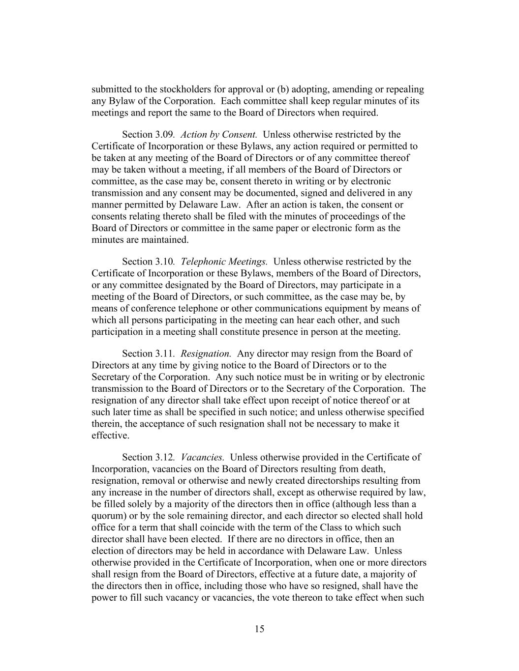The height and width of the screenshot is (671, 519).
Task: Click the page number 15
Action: (260, 629)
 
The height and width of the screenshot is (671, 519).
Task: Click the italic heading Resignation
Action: (206, 353)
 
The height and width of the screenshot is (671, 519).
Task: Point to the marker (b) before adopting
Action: (283, 89)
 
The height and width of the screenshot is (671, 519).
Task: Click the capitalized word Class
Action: (322, 527)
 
